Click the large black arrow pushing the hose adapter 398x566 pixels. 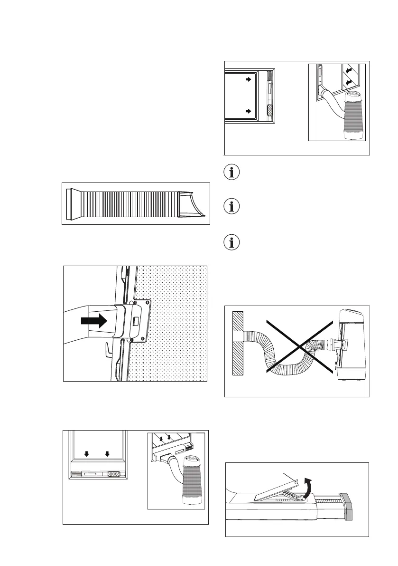coord(94,321)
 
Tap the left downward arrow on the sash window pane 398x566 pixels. coord(86,454)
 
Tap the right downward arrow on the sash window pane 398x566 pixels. coord(107,454)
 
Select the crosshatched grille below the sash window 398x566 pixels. coord(113,474)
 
